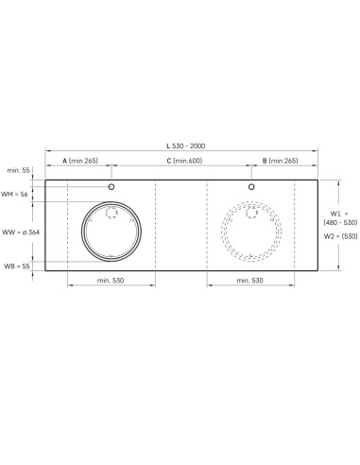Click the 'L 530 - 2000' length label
point(186,146)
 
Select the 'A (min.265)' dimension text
point(80,161)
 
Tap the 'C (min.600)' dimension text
point(184,161)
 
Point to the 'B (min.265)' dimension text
point(281,161)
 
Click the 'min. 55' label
point(18,170)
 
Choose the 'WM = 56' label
point(14,195)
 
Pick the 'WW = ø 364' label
point(21,232)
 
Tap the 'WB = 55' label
point(17,267)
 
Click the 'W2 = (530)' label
point(341,236)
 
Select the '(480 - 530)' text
point(340,223)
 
